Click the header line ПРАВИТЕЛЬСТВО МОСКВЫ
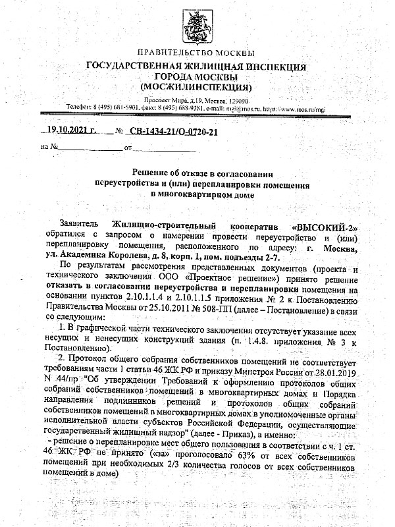pos(196,53)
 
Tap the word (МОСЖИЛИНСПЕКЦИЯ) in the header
pos(197,86)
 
